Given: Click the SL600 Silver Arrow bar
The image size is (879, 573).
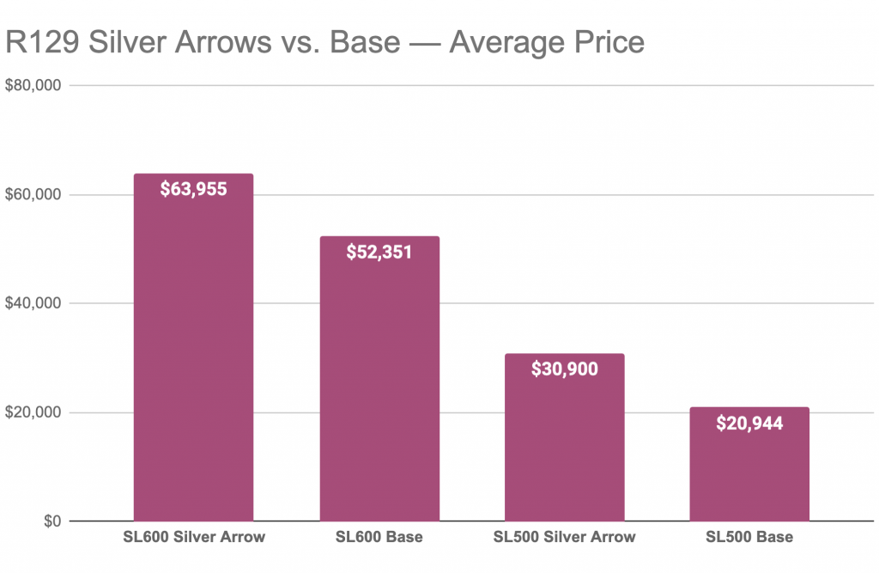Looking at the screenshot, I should (x=193, y=361).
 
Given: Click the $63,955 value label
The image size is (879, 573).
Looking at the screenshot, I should (x=193, y=189).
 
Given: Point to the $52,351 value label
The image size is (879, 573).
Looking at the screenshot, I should (x=379, y=252).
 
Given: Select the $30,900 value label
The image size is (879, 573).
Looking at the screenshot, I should (x=564, y=369).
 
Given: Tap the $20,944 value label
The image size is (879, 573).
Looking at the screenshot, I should (x=749, y=424).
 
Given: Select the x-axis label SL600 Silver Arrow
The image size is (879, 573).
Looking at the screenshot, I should (x=193, y=538).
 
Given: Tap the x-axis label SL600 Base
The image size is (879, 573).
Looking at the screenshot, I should (x=379, y=538).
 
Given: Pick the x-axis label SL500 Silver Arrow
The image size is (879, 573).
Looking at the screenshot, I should (x=564, y=538).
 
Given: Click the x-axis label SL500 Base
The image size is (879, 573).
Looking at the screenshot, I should (x=749, y=538).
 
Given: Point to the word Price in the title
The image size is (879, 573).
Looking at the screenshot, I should (x=602, y=41).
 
